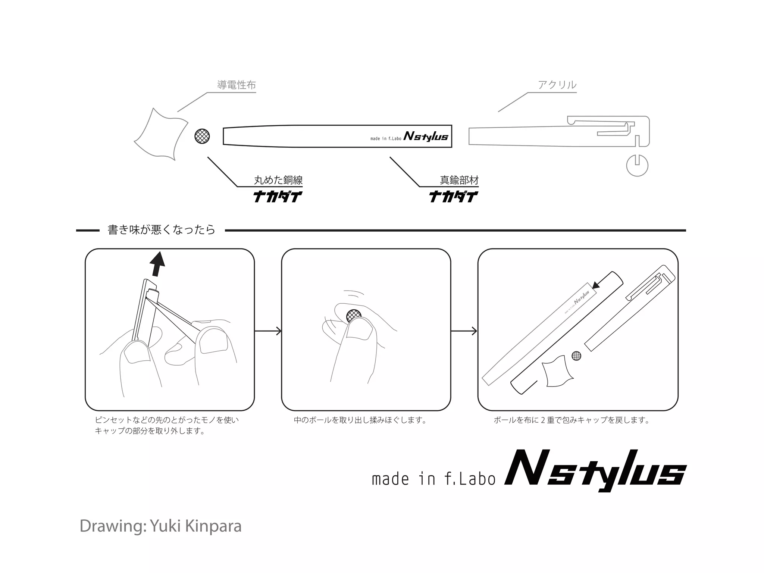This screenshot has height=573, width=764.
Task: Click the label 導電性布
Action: (237, 85)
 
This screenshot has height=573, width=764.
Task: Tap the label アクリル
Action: (557, 85)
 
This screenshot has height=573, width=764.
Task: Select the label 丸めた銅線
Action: (278, 181)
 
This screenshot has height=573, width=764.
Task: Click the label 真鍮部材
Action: (459, 181)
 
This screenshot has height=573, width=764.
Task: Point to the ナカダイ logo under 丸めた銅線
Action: (278, 196)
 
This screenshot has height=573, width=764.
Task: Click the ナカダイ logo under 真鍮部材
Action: (453, 196)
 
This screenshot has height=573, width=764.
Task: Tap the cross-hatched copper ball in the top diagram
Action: (202, 136)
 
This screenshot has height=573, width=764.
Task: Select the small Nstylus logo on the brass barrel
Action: (426, 137)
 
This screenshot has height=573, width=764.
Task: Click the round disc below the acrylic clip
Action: (637, 165)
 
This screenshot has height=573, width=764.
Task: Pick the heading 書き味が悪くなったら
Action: (162, 230)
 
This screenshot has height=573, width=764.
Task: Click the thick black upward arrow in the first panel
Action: (157, 264)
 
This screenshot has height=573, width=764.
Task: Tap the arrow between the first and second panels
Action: (268, 331)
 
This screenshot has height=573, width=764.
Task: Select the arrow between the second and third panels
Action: (464, 331)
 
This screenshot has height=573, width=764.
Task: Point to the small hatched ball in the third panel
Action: (576, 356)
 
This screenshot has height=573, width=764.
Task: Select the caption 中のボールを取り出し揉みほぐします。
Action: (360, 420)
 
